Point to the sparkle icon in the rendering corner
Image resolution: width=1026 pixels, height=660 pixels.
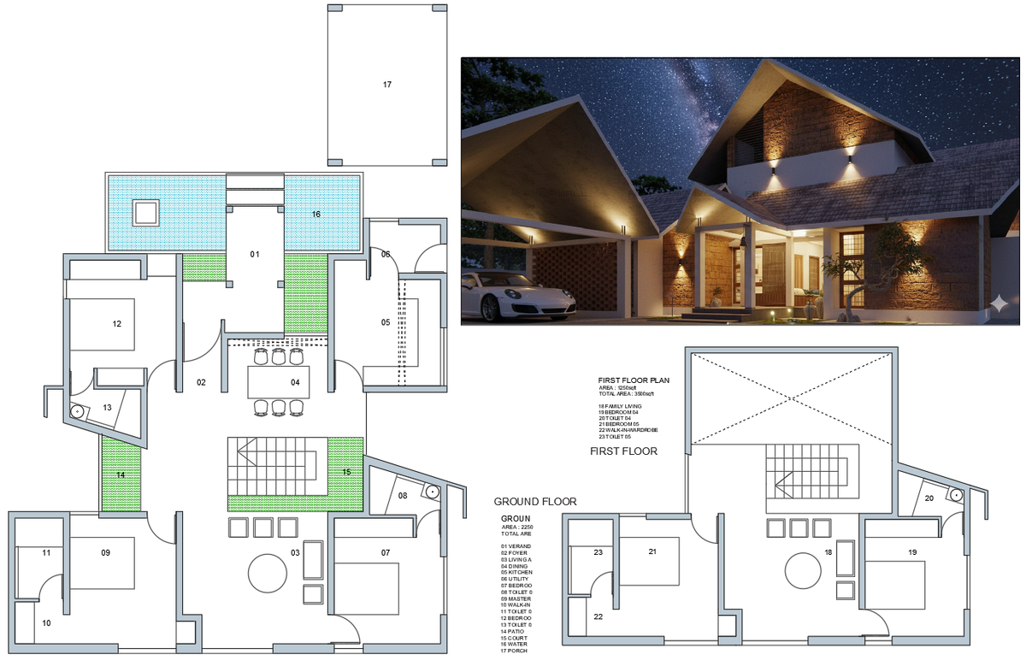click(x=998, y=305)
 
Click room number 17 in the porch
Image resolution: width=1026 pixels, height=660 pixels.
click(x=387, y=85)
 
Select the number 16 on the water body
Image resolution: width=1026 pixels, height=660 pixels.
click(x=316, y=214)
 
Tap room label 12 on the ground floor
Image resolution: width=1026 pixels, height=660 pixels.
click(x=117, y=324)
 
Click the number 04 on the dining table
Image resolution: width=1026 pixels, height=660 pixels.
click(x=295, y=382)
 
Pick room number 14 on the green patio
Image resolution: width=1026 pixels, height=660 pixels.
click(x=121, y=474)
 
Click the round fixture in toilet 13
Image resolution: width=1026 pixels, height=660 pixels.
click(x=77, y=410)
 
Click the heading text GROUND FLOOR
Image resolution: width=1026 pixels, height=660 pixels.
click(x=535, y=502)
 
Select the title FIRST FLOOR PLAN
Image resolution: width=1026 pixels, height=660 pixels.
click(x=634, y=378)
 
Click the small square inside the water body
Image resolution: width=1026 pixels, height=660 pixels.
click(x=146, y=212)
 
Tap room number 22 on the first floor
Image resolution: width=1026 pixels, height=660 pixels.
click(x=598, y=617)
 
